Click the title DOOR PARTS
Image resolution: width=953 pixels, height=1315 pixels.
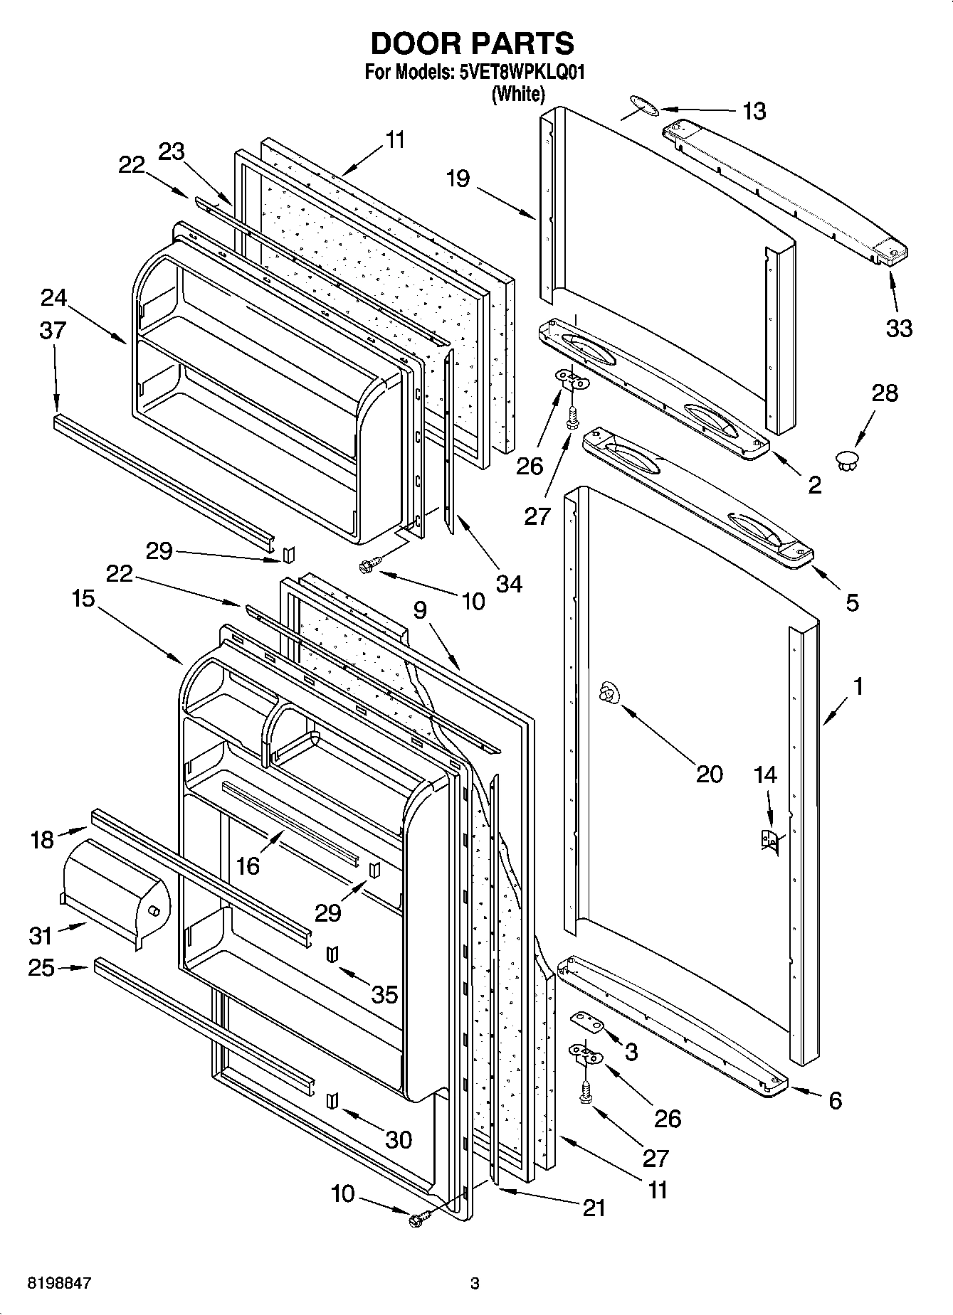[x=472, y=43]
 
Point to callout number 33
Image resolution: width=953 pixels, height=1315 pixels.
[x=899, y=328]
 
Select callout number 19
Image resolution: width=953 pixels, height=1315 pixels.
[x=458, y=178]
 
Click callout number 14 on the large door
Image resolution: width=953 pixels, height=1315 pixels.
[x=765, y=774]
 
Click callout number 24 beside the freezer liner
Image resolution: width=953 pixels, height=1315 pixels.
[x=53, y=297]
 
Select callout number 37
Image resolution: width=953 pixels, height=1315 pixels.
[x=53, y=330]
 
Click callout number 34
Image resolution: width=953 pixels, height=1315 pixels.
[x=510, y=584]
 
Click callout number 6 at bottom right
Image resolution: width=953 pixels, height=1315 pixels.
[x=835, y=1100]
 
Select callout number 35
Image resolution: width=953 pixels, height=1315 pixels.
[x=384, y=994]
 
